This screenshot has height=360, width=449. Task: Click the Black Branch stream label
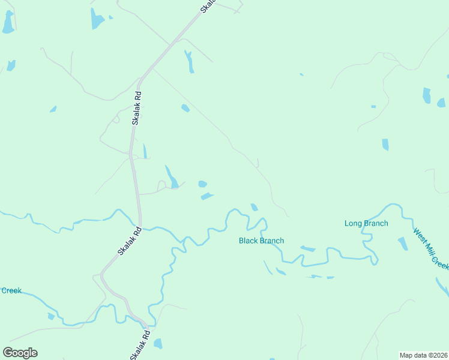coord(261,241)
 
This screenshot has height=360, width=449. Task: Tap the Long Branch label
coord(366,224)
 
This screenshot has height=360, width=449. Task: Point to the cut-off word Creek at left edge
coord(11,291)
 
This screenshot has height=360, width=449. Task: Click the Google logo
coord(20,353)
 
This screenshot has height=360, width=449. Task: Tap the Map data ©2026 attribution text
coord(423,355)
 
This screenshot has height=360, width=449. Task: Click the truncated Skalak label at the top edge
coord(207,6)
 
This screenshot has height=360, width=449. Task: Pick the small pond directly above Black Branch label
coord(255,208)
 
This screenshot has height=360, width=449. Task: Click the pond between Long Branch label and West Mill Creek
coord(403,243)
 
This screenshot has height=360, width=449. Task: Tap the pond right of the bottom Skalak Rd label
coord(158,344)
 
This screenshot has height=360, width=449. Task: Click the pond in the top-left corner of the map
coord(8,22)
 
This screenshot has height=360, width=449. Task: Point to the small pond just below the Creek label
coord(51,316)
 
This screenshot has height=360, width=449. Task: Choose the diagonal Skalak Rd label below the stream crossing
coord(129,241)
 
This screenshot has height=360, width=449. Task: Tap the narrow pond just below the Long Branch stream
coord(308,248)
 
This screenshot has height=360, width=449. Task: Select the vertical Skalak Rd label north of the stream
coord(137,107)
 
